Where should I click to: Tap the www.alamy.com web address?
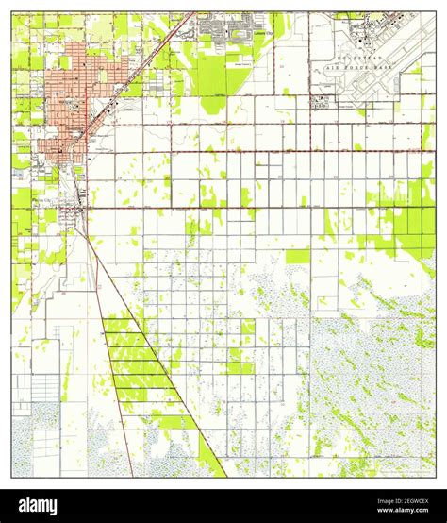point(406,513)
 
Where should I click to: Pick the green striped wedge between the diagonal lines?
point(141,368)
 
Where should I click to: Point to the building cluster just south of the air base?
point(321,105)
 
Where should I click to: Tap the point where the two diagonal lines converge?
point(83,227)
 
